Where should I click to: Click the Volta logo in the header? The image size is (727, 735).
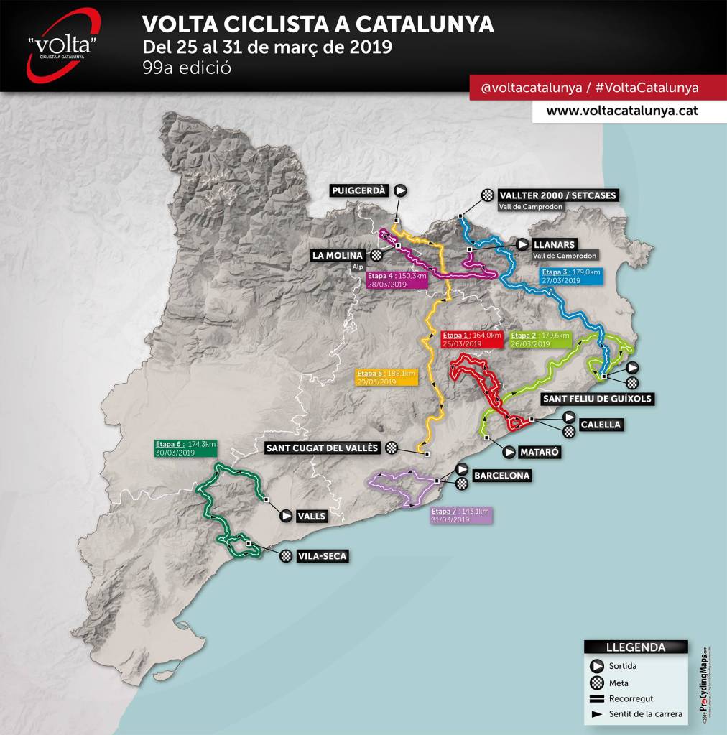(63, 45)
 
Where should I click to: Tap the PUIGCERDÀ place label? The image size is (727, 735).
(359, 190)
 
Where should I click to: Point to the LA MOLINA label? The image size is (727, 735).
(338, 255)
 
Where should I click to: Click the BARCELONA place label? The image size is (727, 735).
(501, 476)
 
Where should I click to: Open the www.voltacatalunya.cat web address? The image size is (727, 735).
(621, 111)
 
